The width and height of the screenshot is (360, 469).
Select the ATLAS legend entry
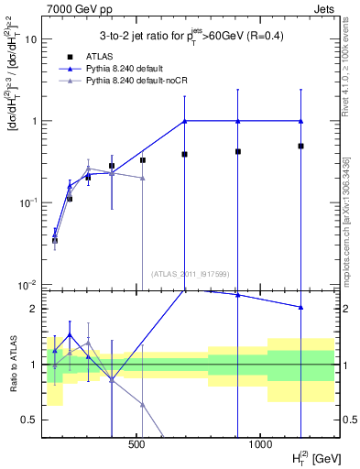86,56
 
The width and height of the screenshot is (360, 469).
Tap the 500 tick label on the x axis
136,445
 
